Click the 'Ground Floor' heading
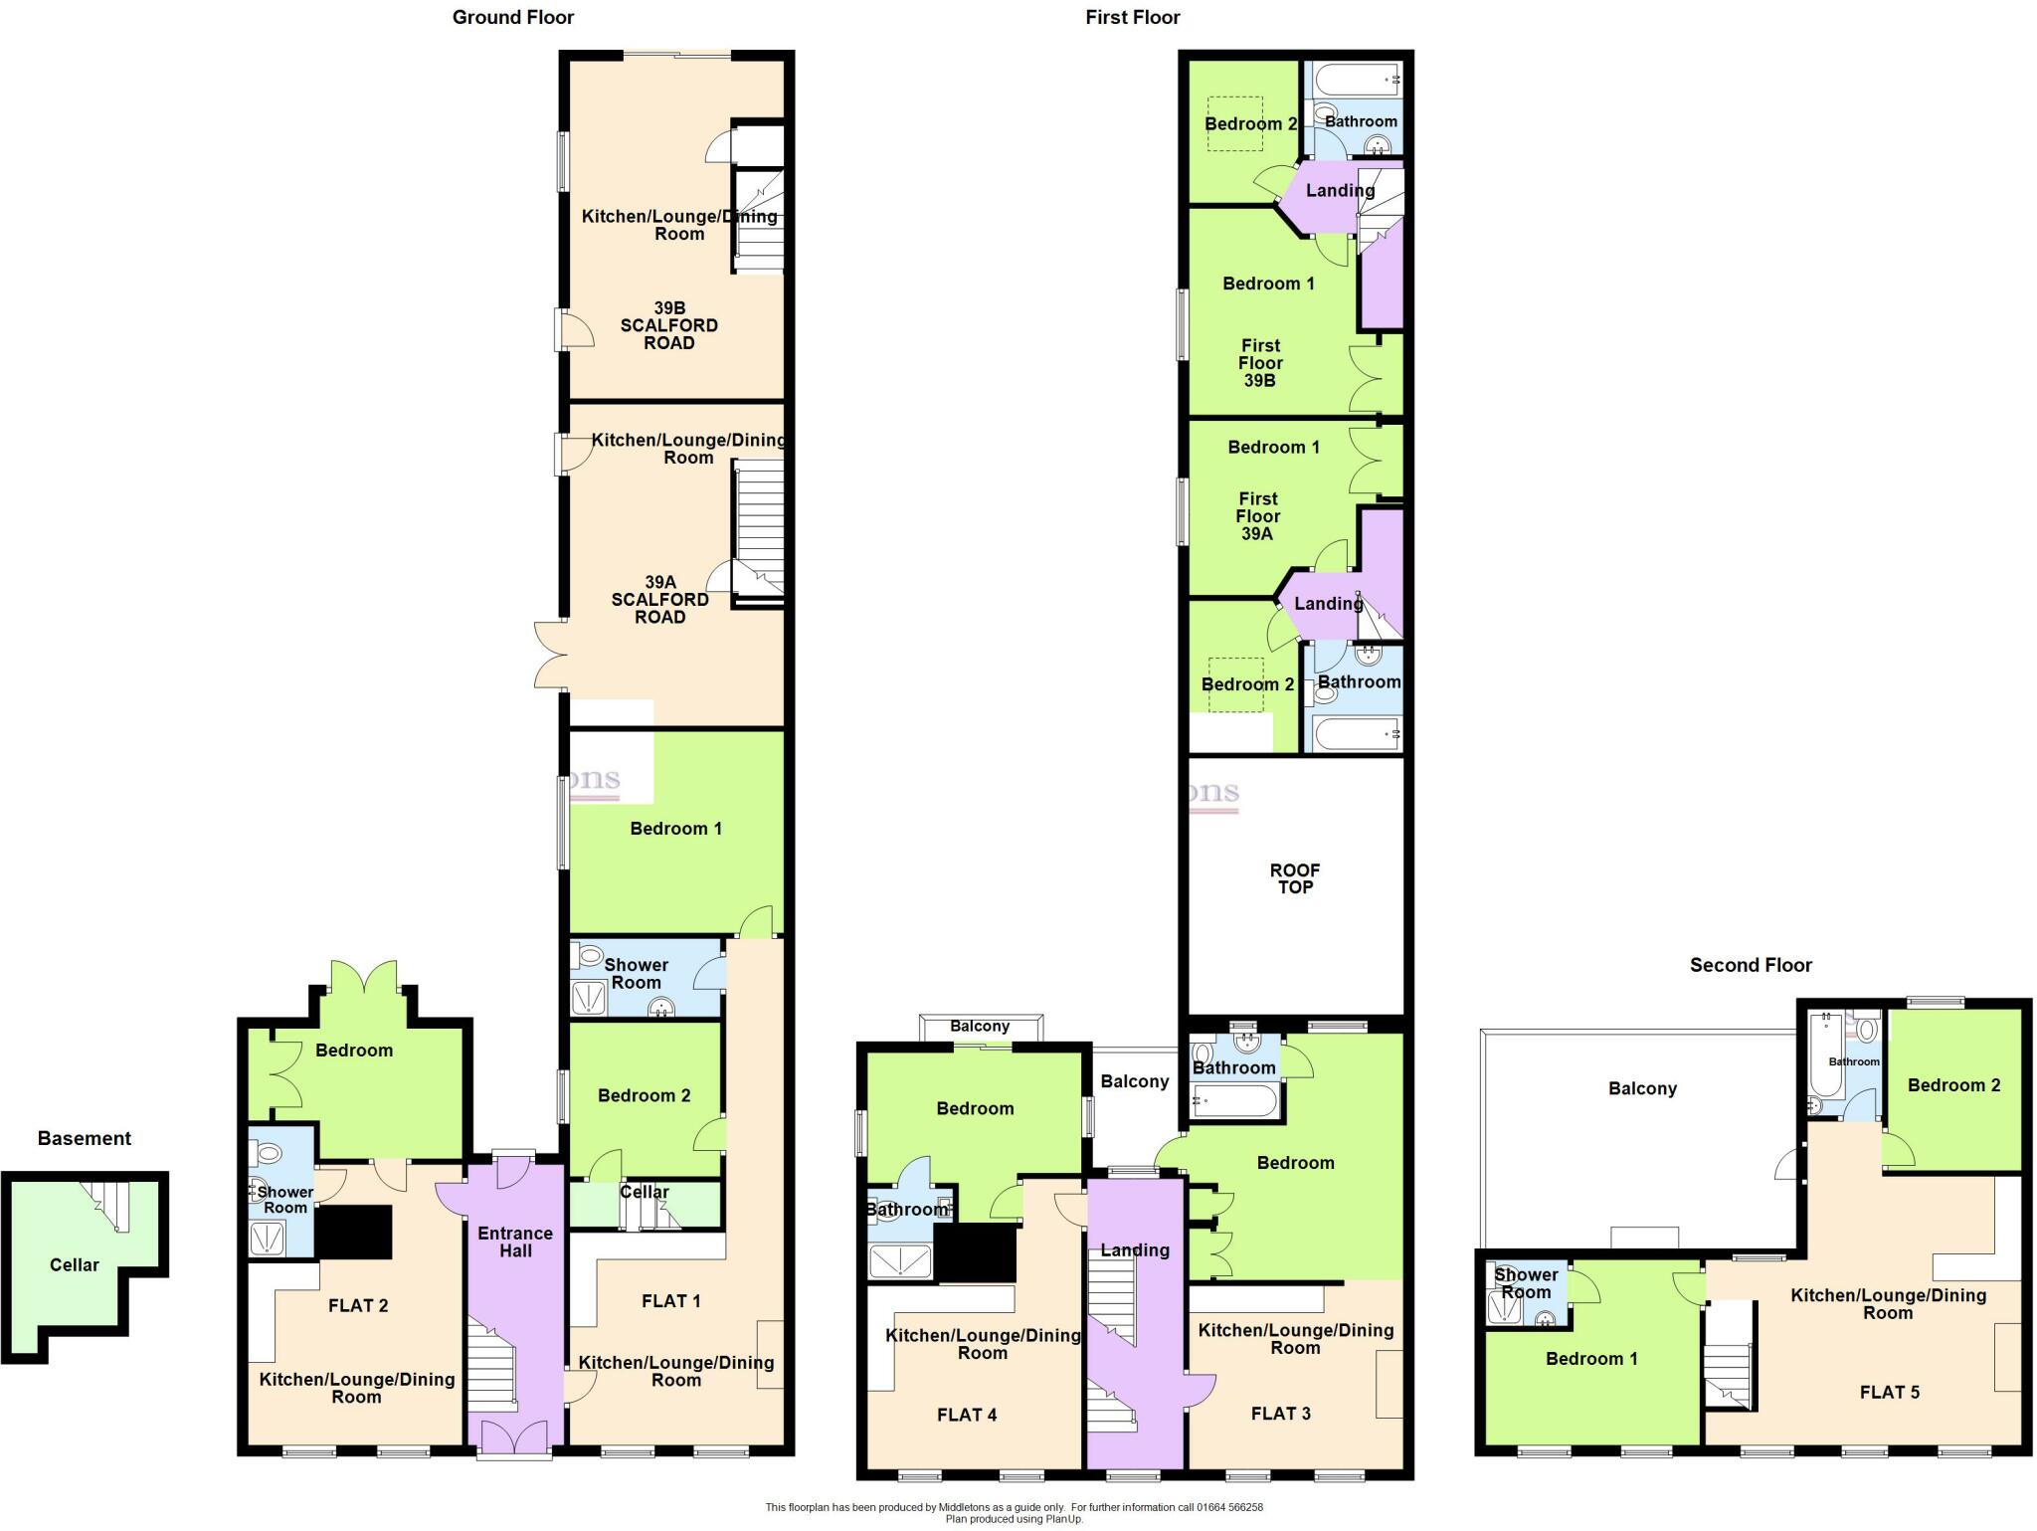click(x=512, y=17)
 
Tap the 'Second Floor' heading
click(x=1751, y=965)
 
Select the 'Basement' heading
click(x=85, y=1138)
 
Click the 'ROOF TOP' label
click(x=1295, y=878)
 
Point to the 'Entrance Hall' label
click(x=515, y=1242)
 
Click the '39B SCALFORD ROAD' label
click(x=669, y=325)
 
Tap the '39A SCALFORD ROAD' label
click(x=660, y=599)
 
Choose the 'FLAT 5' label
click(x=1890, y=1392)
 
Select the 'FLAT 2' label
click(x=358, y=1305)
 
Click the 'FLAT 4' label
click(x=966, y=1415)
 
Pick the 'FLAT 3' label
click(x=1280, y=1414)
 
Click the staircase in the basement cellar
click(x=110, y=1204)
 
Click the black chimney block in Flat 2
click(x=353, y=1232)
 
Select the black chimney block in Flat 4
click(x=975, y=1252)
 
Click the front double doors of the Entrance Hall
click(x=514, y=1437)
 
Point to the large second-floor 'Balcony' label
click(x=1642, y=1088)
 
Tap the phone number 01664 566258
click(x=1228, y=1507)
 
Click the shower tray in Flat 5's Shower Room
click(x=1505, y=1308)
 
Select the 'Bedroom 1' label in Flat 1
click(x=675, y=829)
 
